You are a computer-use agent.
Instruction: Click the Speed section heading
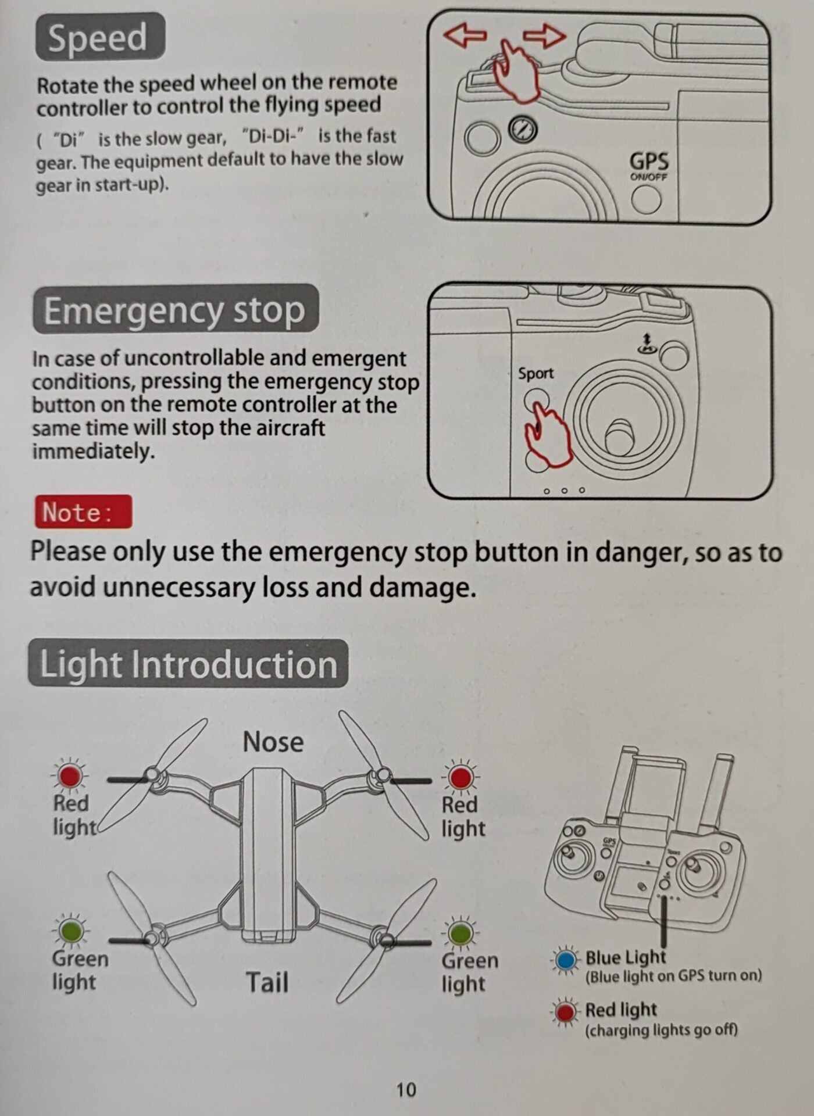pyautogui.click(x=100, y=37)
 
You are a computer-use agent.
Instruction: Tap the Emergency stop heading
pyautogui.click(x=176, y=309)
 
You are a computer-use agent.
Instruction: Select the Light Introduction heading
pyautogui.click(x=188, y=663)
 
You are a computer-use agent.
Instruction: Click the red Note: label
pyautogui.click(x=83, y=512)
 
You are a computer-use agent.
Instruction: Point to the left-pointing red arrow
pyautogui.click(x=465, y=35)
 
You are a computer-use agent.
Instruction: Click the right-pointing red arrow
pyautogui.click(x=544, y=36)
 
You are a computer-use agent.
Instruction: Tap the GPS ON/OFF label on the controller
pyautogui.click(x=649, y=166)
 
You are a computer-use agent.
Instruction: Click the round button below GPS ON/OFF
pyautogui.click(x=646, y=199)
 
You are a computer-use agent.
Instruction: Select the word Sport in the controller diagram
pyautogui.click(x=535, y=373)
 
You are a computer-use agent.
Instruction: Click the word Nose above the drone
pyautogui.click(x=273, y=742)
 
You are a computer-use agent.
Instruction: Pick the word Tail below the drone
pyautogui.click(x=267, y=982)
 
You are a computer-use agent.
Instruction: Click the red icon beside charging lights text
pyautogui.click(x=565, y=1012)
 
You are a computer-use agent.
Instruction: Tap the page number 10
pyautogui.click(x=406, y=1089)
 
